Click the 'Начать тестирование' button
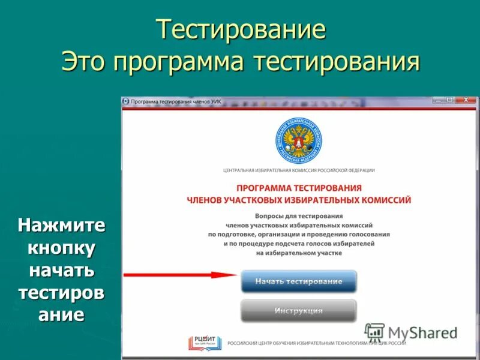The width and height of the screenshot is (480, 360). [298, 281]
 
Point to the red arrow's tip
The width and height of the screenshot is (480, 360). [238, 275]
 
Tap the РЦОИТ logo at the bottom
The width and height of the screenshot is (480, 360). [199, 343]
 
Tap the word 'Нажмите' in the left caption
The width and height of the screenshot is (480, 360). [61, 226]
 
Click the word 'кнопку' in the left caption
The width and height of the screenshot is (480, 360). [61, 248]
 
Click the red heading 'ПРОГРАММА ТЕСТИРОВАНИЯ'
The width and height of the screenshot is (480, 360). [298, 188]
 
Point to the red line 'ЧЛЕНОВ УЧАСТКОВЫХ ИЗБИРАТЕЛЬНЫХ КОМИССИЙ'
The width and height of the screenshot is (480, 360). [298, 200]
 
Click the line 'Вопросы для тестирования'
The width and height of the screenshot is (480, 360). [298, 215]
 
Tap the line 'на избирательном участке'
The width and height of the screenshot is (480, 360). [298, 253]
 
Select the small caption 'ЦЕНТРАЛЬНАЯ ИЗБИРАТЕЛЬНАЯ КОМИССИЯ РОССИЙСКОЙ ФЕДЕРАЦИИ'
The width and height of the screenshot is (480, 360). [298, 170]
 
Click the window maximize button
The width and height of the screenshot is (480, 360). [449, 100]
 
